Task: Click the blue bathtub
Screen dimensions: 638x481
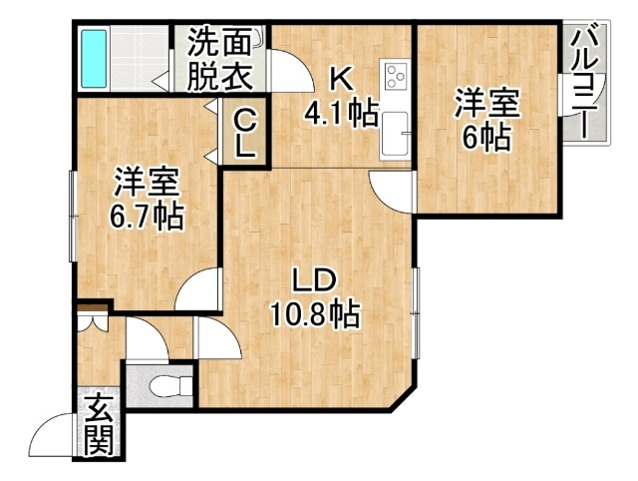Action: pyautogui.click(x=94, y=59)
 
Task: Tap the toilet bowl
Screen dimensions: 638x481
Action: pyautogui.click(x=170, y=385)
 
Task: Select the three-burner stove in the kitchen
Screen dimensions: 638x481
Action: pyautogui.click(x=395, y=76)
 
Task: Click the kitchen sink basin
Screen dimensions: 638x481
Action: pyautogui.click(x=395, y=132)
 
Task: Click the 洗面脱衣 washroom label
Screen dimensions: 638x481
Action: pyautogui.click(x=219, y=59)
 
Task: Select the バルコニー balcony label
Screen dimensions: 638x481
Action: pyautogui.click(x=586, y=85)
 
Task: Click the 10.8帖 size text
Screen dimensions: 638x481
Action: pyautogui.click(x=315, y=314)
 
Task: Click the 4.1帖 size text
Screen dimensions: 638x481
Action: pyautogui.click(x=342, y=112)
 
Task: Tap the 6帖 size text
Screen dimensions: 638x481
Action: pyautogui.click(x=487, y=138)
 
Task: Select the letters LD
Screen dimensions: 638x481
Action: pyautogui.click(x=316, y=281)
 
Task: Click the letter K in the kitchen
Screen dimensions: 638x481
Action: pyautogui.click(x=341, y=82)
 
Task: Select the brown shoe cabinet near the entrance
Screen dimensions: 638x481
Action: pyautogui.click(x=93, y=307)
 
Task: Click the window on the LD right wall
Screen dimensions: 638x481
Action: pyautogui.click(x=415, y=313)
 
